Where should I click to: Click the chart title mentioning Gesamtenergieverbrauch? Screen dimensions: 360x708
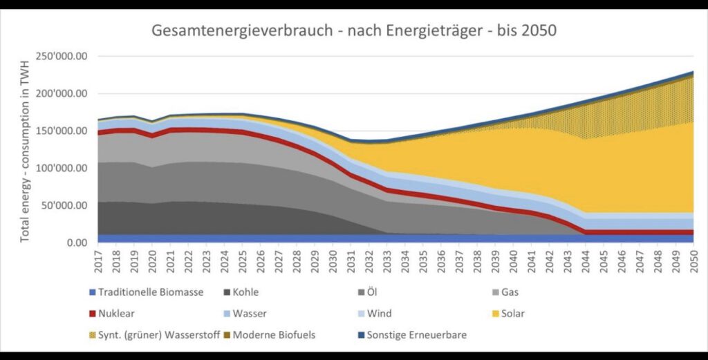353,31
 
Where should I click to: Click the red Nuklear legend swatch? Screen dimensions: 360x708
92,313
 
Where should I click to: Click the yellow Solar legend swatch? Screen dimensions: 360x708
494,313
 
